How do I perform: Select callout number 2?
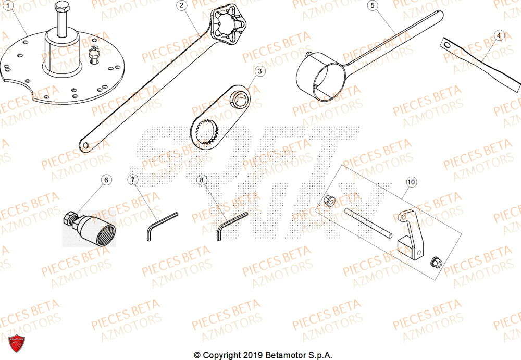point(181,6)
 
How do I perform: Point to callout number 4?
point(499,35)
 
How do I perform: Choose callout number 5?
point(372,6)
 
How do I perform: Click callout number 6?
point(106,180)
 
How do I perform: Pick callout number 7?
point(133,180)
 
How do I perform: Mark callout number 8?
point(202,180)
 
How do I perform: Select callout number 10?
point(411,182)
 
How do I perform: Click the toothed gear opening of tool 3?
point(208,131)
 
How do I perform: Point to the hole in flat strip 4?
point(446,45)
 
